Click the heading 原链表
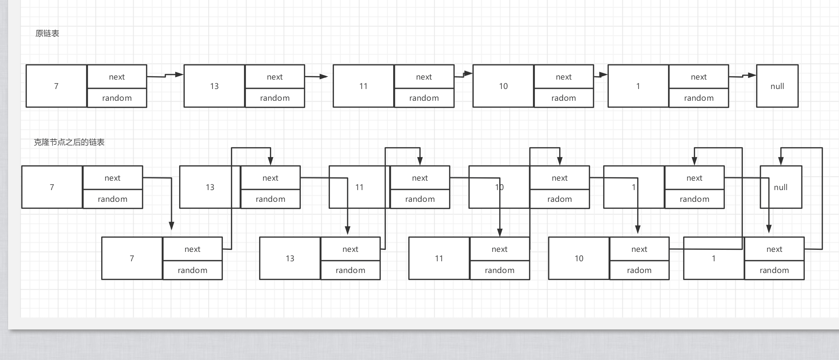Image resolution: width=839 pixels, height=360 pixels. coord(47,34)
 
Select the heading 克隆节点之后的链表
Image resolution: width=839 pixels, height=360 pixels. coord(69,142)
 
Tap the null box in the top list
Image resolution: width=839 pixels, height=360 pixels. coord(777,86)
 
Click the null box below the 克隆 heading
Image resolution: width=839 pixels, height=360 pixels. coord(781,187)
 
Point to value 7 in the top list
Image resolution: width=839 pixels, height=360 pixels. coord(56,86)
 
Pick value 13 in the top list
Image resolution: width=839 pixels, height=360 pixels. coord(214,86)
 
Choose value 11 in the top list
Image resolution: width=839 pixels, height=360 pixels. coord(364,86)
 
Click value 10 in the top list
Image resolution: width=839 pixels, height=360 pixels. coord(503,86)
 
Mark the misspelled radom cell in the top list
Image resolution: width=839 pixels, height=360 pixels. coord(564,98)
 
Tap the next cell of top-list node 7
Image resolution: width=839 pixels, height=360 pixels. coord(117,77)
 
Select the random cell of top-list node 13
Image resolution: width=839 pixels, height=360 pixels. coord(275,98)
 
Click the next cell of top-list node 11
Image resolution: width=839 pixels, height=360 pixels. coord(424,77)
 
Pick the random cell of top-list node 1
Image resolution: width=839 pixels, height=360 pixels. coord(699,98)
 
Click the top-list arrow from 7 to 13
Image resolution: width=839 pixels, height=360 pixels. coord(165,76)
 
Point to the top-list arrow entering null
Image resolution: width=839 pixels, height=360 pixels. coord(743,76)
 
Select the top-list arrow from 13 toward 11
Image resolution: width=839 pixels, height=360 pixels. coord(316,77)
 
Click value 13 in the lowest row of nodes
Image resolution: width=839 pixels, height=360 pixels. coord(290,258)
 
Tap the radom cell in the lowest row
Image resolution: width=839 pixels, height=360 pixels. coord(639,270)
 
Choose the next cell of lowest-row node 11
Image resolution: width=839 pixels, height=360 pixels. coord(500,249)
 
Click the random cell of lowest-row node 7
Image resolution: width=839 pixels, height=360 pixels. coord(193,270)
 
